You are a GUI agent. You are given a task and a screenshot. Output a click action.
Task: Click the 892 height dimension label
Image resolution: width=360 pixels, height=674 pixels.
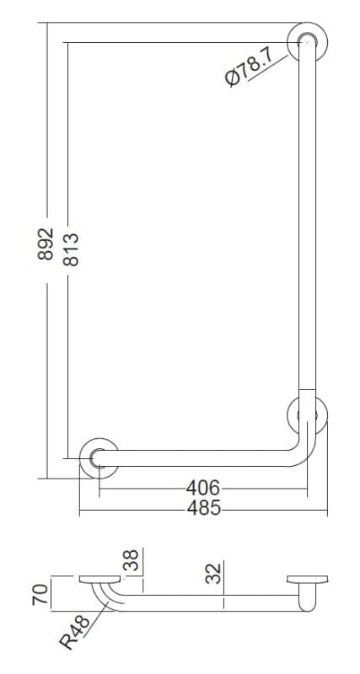pos(46,243)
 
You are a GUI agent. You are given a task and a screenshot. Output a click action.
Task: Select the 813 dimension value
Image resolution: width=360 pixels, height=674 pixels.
pos(71,249)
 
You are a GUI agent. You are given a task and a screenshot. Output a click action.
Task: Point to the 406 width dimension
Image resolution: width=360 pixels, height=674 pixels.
pos(202,488)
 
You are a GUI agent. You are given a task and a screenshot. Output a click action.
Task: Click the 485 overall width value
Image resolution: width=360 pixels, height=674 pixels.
pos(204,509)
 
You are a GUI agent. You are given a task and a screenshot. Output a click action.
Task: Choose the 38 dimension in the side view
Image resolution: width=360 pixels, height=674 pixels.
pos(133,559)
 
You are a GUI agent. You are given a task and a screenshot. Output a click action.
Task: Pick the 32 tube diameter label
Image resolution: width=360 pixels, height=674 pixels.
pos(213,573)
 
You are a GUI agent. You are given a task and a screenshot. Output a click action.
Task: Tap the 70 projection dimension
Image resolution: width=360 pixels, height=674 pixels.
pos(40,595)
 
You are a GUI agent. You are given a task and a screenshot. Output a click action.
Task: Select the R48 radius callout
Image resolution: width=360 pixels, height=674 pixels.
pos(74,632)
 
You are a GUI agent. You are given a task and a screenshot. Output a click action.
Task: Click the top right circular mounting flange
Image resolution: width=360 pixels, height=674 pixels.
pos(307,41)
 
